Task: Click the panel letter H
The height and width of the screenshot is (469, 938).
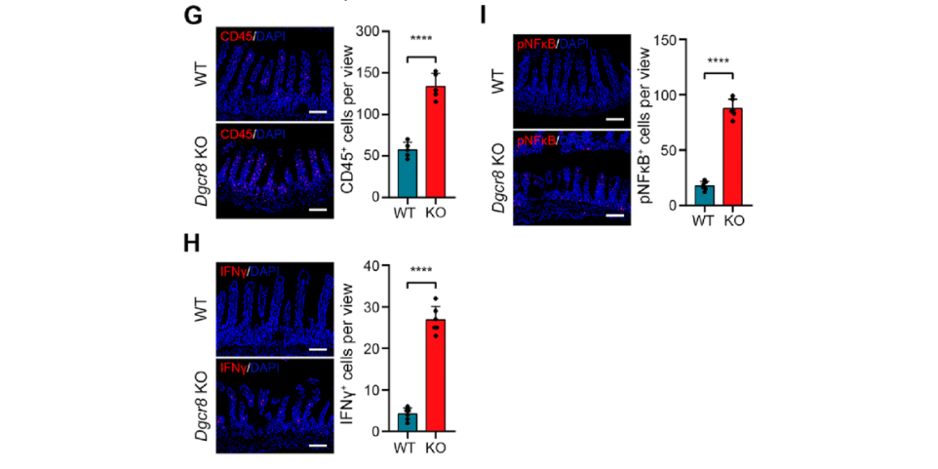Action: point(193,244)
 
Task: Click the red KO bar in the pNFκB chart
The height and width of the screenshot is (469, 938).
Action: point(730,156)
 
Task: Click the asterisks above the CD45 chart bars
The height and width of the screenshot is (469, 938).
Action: point(421,40)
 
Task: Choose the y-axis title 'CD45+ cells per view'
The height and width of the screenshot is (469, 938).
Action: point(346,115)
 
